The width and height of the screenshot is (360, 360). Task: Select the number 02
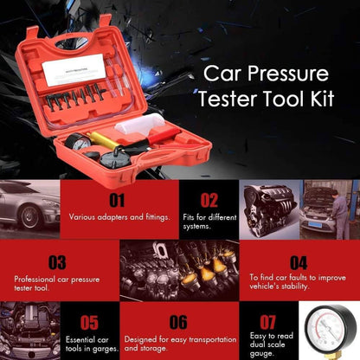tap(210, 201)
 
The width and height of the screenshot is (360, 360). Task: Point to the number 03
tap(57, 261)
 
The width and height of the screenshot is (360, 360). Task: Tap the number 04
tap(298, 261)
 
